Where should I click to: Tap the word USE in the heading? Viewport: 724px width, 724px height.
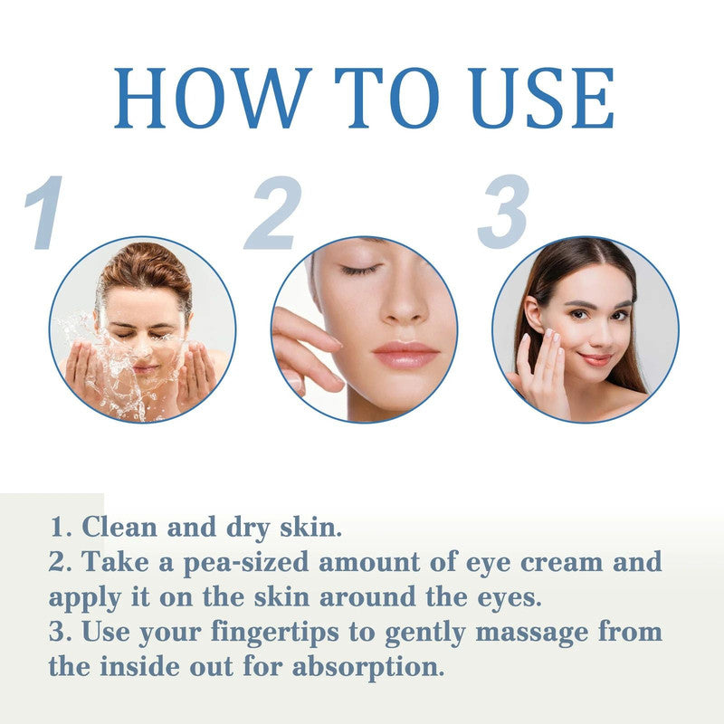point(537,98)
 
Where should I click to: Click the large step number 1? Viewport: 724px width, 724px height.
point(44,214)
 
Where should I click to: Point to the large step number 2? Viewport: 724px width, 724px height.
point(271,214)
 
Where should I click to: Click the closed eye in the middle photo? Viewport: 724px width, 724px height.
point(361,270)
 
